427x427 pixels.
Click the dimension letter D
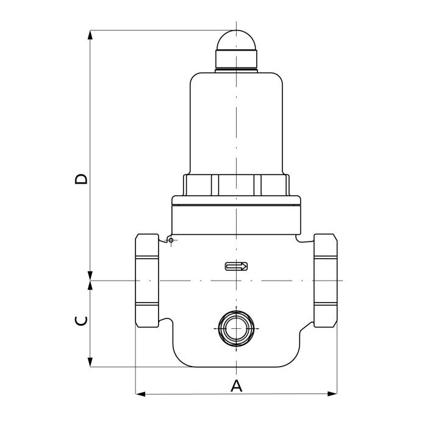(x=81, y=179)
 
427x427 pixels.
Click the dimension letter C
(x=81, y=321)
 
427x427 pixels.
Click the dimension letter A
(x=236, y=386)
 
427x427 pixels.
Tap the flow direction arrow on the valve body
(x=236, y=267)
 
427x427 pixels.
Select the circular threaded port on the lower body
(x=236, y=329)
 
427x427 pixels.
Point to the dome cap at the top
(x=236, y=40)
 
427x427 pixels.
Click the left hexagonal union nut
(x=147, y=280)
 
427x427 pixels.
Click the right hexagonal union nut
(x=325, y=280)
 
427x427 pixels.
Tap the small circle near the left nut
(x=171, y=240)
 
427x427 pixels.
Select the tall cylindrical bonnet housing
(x=236, y=123)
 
